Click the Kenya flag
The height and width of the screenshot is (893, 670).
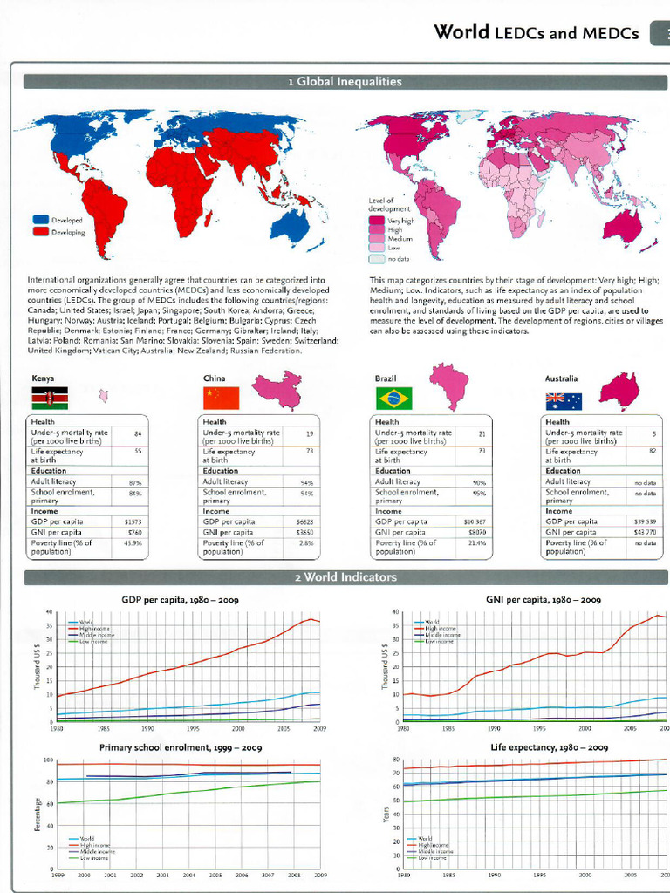pyautogui.click(x=50, y=399)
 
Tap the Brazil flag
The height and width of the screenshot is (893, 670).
pyautogui.click(x=393, y=399)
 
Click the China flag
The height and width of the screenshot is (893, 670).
pyautogui.click(x=221, y=399)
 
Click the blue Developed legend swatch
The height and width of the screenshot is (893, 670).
pyautogui.click(x=41, y=221)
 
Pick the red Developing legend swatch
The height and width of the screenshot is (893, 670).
pyautogui.click(x=41, y=232)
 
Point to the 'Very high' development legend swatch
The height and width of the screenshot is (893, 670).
pyautogui.click(x=377, y=222)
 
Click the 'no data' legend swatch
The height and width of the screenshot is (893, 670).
pyautogui.click(x=377, y=258)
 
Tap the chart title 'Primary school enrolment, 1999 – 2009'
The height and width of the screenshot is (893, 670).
pyautogui.click(x=181, y=748)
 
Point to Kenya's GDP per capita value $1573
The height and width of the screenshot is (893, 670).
pyautogui.click(x=133, y=521)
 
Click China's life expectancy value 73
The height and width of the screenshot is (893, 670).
pyautogui.click(x=309, y=452)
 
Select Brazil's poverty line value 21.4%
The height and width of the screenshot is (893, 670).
pyautogui.click(x=476, y=542)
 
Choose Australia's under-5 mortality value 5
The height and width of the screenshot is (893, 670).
pyautogui.click(x=653, y=433)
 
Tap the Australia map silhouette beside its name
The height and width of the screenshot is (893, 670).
pyautogui.click(x=619, y=390)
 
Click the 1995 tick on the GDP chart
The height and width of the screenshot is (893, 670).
pyautogui.click(x=193, y=727)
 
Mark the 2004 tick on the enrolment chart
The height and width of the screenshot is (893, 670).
pyautogui.click(x=188, y=874)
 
